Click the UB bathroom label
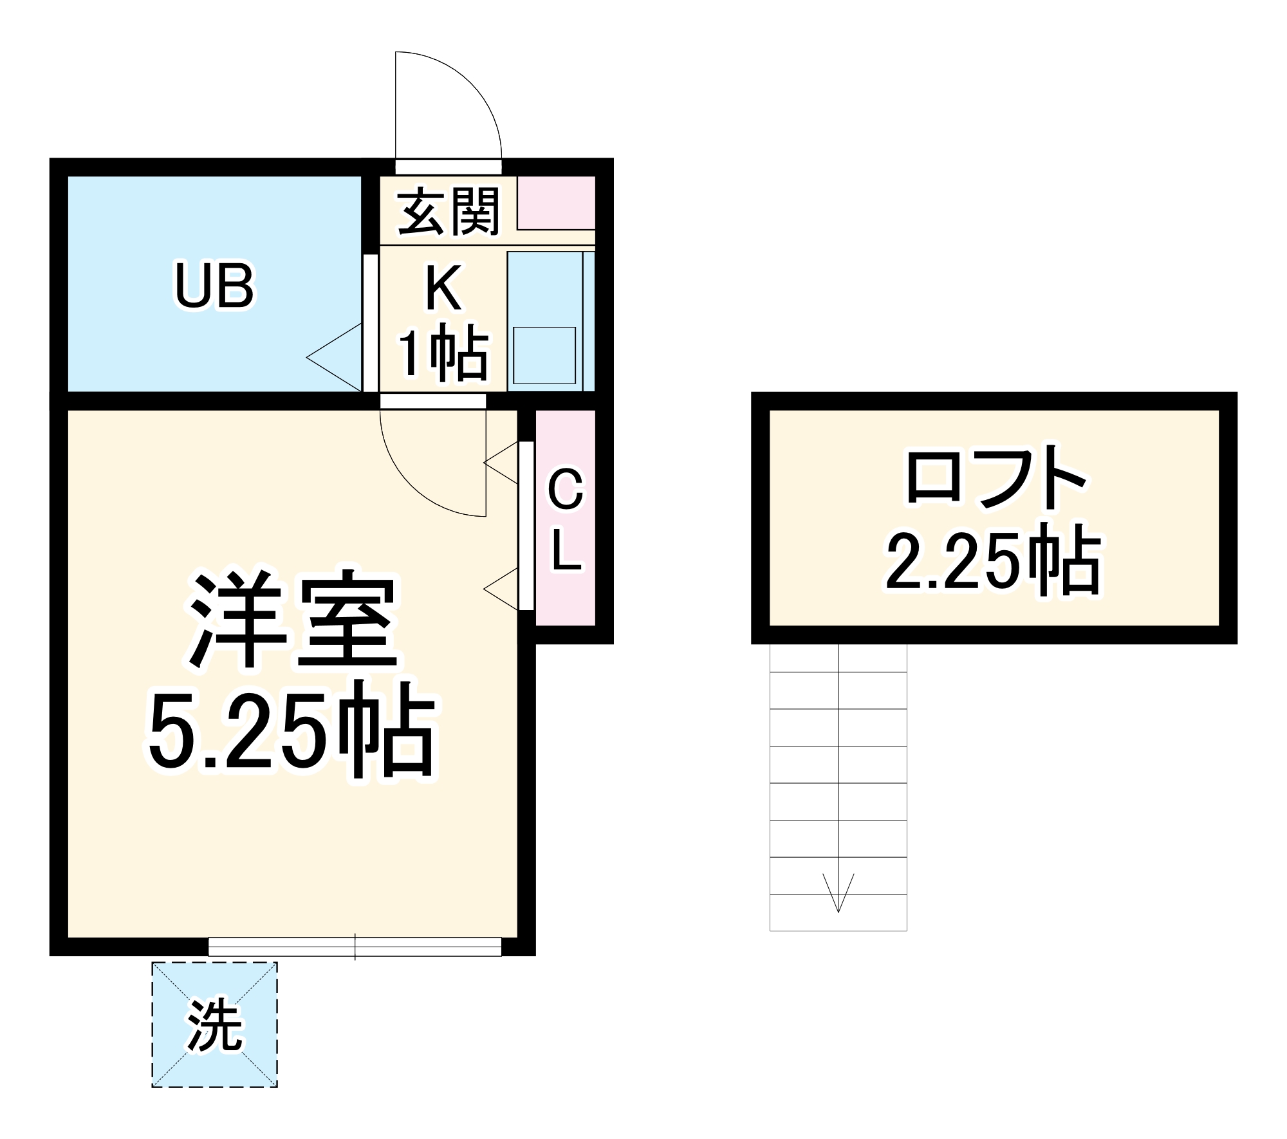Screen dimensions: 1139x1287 coord(215,286)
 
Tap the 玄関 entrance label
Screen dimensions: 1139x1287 coord(449,211)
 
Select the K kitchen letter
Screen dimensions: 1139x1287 coord(443,290)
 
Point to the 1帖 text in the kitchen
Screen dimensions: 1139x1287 coord(443,353)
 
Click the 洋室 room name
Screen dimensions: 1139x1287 coord(293,620)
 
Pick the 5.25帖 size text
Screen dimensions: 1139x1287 coord(293,734)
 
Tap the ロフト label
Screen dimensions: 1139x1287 coord(995,479)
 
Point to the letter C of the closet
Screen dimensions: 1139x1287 coord(566,490)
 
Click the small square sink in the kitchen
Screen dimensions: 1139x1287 coord(544,355)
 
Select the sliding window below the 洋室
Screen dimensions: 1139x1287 coord(355,947)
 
